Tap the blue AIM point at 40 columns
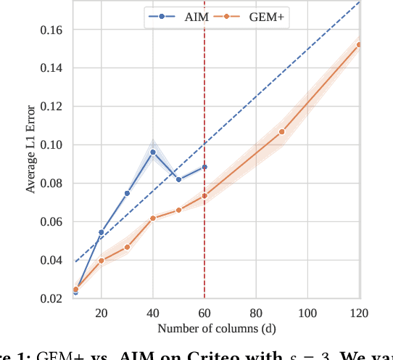click(x=153, y=152)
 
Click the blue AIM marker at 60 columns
click(x=204, y=167)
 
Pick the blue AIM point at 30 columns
click(x=127, y=193)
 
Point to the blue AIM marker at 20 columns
click(x=102, y=232)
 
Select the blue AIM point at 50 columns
click(x=178, y=179)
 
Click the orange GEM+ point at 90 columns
click(x=282, y=131)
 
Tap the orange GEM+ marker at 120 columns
click(x=359, y=45)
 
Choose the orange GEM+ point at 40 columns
click(x=153, y=218)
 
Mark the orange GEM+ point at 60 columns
click(x=204, y=195)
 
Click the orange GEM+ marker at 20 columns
click(x=102, y=261)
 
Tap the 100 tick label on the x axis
click(x=307, y=313)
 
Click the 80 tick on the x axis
click(x=256, y=313)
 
